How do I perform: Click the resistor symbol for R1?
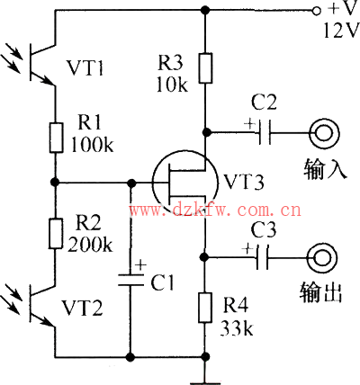pos(56,138)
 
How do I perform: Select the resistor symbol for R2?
pos(56,234)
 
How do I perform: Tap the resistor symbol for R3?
pos(205,68)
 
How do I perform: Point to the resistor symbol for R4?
pos(205,308)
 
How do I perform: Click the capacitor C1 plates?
pos(130,280)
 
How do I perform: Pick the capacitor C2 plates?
pos(265,132)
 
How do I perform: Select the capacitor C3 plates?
pos(263,257)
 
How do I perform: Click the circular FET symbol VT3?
pos(185,182)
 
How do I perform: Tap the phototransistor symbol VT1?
pos(38,62)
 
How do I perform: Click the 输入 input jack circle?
pos(324,133)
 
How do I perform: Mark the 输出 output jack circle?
pos(322,258)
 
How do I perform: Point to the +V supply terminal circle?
pos(315,11)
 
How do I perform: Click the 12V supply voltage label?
pos(341,31)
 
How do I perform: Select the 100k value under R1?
pos(92,145)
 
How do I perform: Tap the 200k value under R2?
pos(90,245)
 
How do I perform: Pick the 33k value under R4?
pos(237,328)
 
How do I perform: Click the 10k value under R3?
pos(172,85)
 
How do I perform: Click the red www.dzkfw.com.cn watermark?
pos(215,210)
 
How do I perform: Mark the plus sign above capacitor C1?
pos(140,265)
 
